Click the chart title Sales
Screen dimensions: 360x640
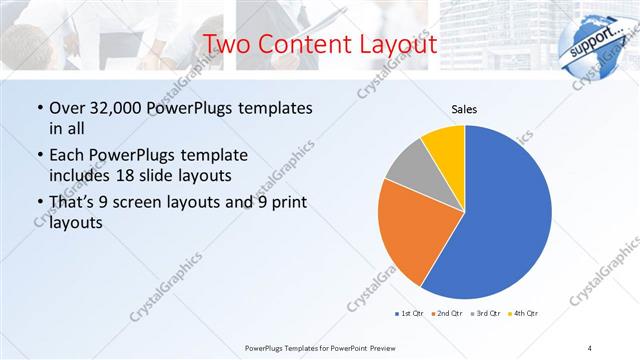pos(464,108)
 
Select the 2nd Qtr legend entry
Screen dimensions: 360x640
pos(446,314)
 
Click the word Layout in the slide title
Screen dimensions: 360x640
pos(395,45)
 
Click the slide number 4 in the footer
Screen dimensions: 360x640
pos(589,347)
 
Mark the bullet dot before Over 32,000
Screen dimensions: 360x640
pos(39,108)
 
